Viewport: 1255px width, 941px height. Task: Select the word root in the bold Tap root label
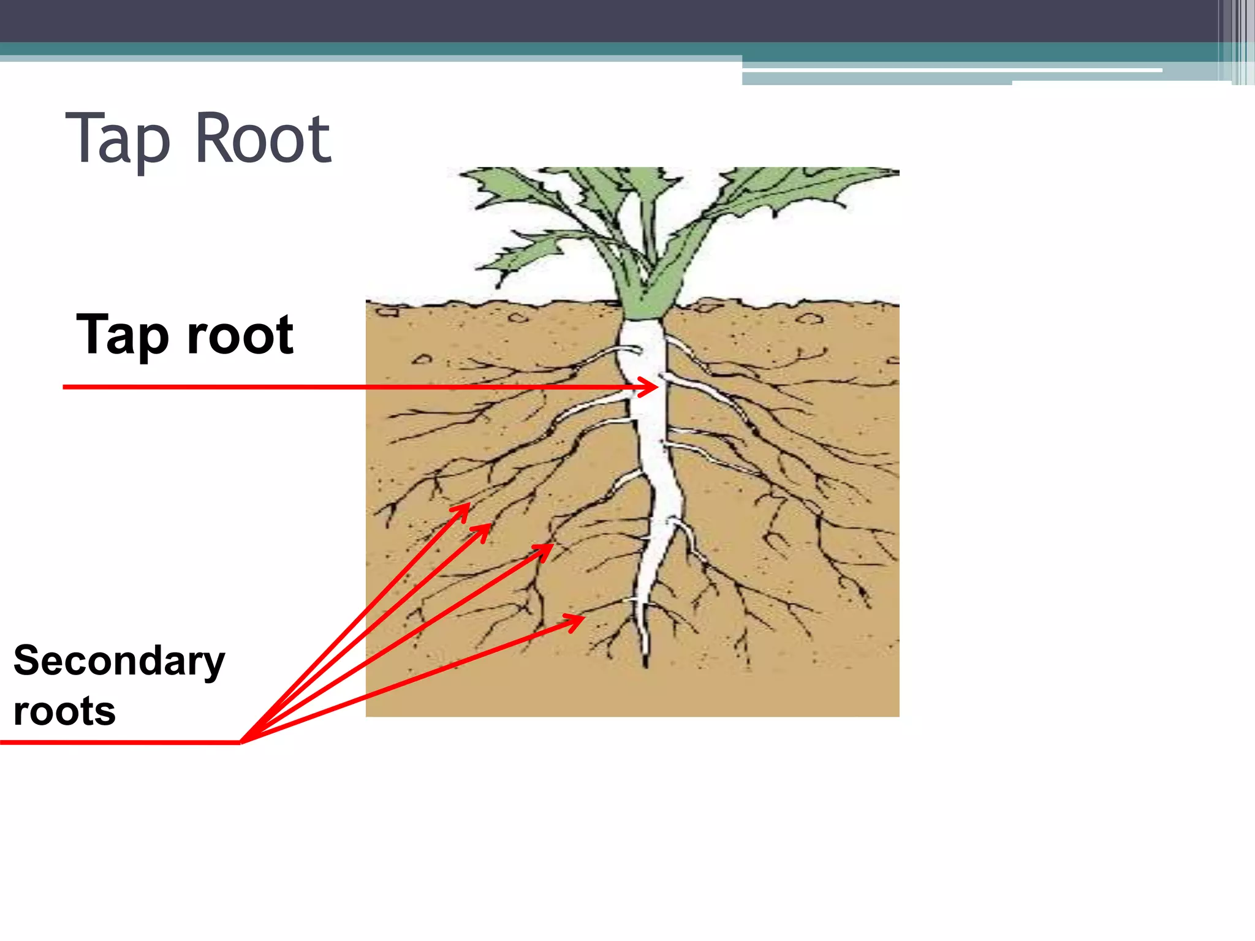pyautogui.click(x=240, y=336)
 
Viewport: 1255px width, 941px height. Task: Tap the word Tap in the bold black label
pyautogui.click(x=123, y=336)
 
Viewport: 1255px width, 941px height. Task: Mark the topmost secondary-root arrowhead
pyautogui.click(x=466, y=507)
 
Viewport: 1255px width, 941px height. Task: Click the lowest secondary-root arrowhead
pyautogui.click(x=578, y=620)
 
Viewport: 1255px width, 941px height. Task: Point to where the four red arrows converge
pyautogui.click(x=243, y=741)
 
